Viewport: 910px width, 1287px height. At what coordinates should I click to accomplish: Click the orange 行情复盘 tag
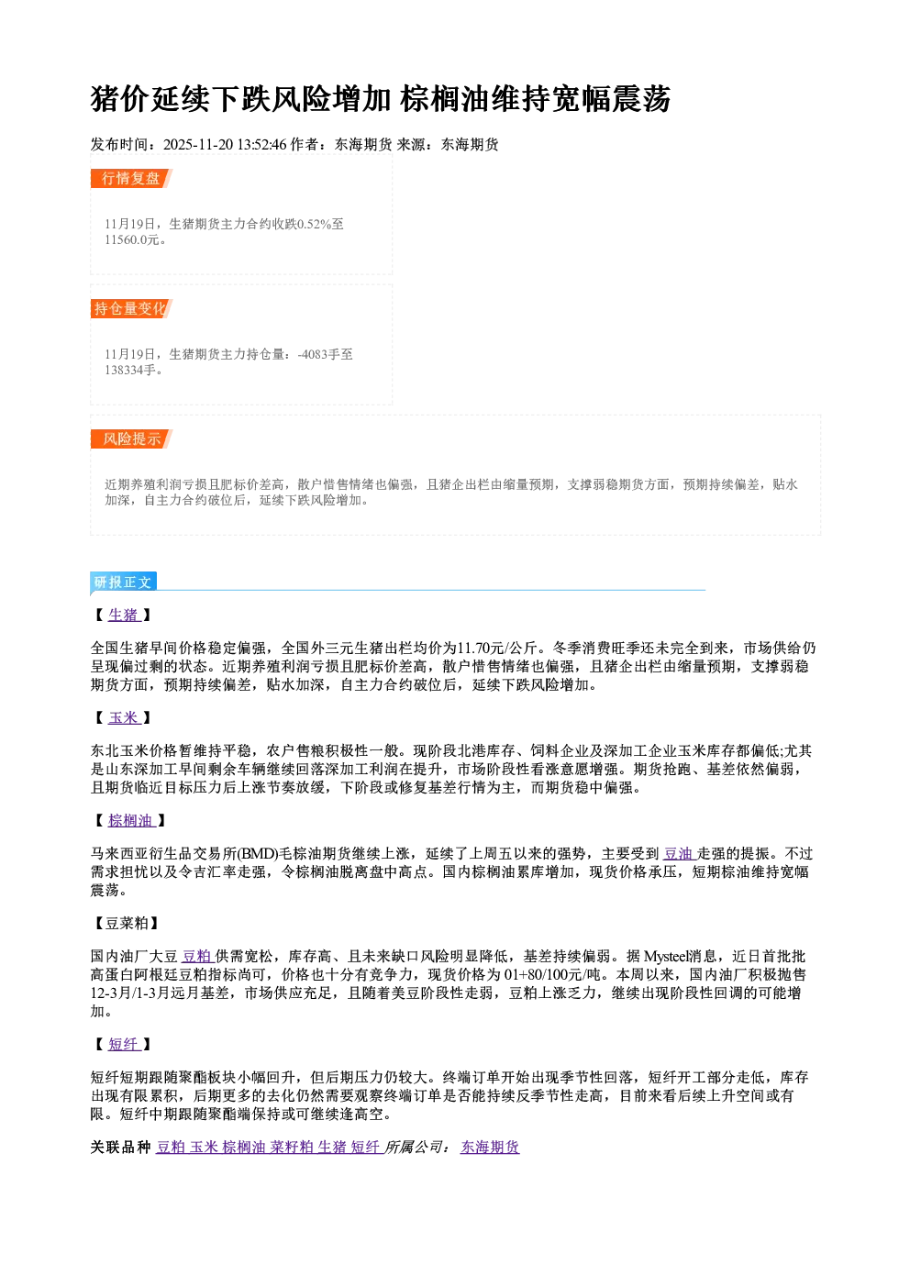click(131, 178)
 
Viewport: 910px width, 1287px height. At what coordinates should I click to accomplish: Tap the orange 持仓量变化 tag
click(131, 308)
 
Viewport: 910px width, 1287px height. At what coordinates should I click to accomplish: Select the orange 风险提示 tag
click(131, 439)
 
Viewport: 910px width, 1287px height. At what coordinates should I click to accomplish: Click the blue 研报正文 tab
click(123, 582)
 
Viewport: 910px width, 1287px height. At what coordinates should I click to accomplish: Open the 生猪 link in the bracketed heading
click(124, 616)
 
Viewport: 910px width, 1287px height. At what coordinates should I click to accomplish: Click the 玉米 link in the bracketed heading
click(124, 718)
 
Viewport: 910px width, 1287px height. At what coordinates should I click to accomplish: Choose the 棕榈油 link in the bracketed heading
click(131, 821)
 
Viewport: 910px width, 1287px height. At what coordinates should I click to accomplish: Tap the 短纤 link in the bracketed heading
click(124, 1045)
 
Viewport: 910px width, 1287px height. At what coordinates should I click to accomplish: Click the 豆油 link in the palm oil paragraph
click(679, 854)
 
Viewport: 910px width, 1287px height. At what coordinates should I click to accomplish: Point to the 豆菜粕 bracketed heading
click(127, 924)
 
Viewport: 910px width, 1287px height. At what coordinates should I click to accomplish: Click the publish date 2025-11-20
click(198, 145)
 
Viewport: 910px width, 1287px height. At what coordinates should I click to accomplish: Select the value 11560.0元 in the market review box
click(131, 240)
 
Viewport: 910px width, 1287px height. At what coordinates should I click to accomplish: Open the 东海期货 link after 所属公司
click(490, 1148)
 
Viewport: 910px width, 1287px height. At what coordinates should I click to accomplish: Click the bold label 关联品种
click(120, 1148)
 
